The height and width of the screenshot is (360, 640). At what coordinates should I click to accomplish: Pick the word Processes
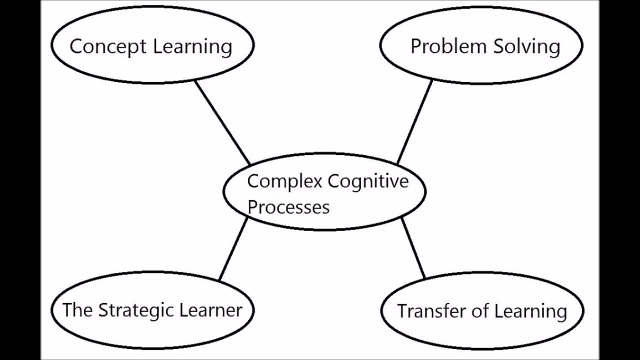pyautogui.click(x=288, y=207)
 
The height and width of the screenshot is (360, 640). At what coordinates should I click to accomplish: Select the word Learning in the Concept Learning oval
pyautogui.click(x=192, y=47)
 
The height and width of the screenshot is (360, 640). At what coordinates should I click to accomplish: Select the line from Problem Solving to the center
pyautogui.click(x=414, y=122)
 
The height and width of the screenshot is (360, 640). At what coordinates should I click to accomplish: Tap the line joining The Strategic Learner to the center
pyautogui.click(x=233, y=248)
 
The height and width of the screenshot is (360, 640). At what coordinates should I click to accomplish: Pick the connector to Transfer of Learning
pyautogui.click(x=413, y=248)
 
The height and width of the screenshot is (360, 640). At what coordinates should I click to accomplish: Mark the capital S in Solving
pyautogui.click(x=499, y=46)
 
